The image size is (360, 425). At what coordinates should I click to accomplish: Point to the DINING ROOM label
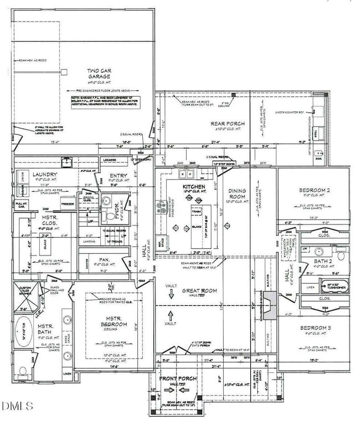[237, 194]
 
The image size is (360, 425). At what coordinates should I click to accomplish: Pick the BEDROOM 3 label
[313, 329]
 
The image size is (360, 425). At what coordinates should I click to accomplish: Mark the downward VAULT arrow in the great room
[171, 295]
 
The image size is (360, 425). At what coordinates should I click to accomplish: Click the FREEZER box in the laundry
[67, 203]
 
